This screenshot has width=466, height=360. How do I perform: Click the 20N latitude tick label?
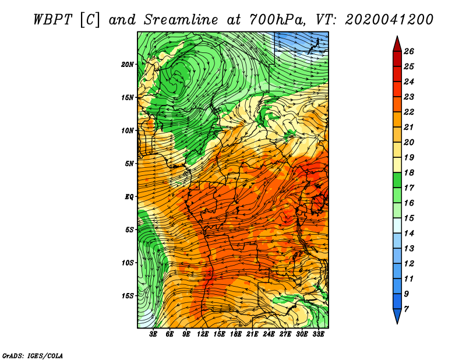pyautogui.click(x=127, y=65)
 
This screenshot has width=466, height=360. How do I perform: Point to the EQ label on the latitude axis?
pyautogui.click(x=129, y=197)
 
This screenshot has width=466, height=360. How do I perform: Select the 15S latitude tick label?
pyautogui.click(x=128, y=296)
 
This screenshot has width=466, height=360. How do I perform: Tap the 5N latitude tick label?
pyautogui.click(x=129, y=164)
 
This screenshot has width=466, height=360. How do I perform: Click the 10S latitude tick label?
pyautogui.click(x=128, y=263)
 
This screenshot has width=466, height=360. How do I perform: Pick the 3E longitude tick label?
pyautogui.click(x=153, y=334)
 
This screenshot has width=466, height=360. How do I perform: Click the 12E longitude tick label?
pyautogui.click(x=203, y=334)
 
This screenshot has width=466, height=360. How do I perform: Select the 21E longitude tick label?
pyautogui.click(x=252, y=334)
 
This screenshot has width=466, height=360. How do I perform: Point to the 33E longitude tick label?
pyautogui.click(x=318, y=334)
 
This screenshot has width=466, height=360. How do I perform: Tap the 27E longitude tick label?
pyautogui.click(x=285, y=334)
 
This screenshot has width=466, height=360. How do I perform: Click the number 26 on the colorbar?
pyautogui.click(x=409, y=51)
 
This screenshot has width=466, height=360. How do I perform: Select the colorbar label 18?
pyautogui.click(x=409, y=172)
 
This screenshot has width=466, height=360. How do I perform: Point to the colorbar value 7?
pyautogui.click(x=407, y=309)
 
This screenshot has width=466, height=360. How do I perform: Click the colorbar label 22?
pyautogui.click(x=409, y=112)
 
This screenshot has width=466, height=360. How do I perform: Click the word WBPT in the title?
pyautogui.click(x=52, y=20)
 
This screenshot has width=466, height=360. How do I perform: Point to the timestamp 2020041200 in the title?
pyautogui.click(x=389, y=20)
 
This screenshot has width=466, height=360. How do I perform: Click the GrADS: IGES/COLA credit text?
pyautogui.click(x=33, y=356)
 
